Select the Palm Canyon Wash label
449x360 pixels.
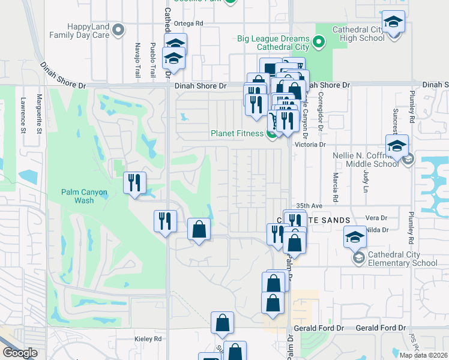(x=85, y=196)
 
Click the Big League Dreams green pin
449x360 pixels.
(x=319, y=42)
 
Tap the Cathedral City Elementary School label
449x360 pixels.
(x=403, y=259)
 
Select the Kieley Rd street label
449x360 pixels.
(x=149, y=339)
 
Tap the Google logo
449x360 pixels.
(x=20, y=353)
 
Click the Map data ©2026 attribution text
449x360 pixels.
(x=423, y=355)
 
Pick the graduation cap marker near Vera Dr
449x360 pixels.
(x=355, y=237)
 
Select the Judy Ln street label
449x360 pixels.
(x=365, y=179)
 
